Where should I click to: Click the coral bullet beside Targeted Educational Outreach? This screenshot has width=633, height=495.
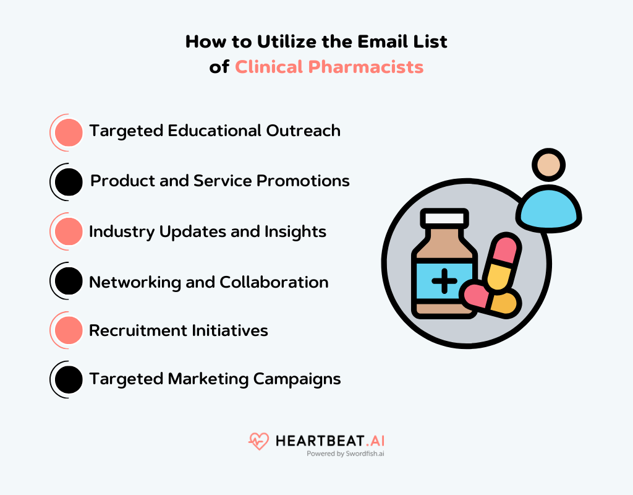tap(68, 132)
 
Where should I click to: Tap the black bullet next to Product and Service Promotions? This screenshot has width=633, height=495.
tap(68, 182)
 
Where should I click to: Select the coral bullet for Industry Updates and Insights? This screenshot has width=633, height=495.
tap(68, 231)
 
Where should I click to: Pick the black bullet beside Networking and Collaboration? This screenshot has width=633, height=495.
tap(68, 282)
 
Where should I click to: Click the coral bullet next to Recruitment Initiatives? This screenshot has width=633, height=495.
tap(68, 330)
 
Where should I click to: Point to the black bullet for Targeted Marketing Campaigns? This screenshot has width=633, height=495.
tap(68, 379)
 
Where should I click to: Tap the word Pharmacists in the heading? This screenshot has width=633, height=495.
tap(366, 67)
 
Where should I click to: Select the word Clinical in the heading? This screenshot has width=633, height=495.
tap(269, 67)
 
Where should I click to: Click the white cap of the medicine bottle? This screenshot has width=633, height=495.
tap(444, 218)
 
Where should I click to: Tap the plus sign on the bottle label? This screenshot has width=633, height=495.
tap(444, 282)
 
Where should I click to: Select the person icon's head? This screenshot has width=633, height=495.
tap(548, 165)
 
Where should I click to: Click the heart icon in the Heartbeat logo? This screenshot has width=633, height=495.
tap(258, 441)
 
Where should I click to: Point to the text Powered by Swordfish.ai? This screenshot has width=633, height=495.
tap(346, 454)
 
